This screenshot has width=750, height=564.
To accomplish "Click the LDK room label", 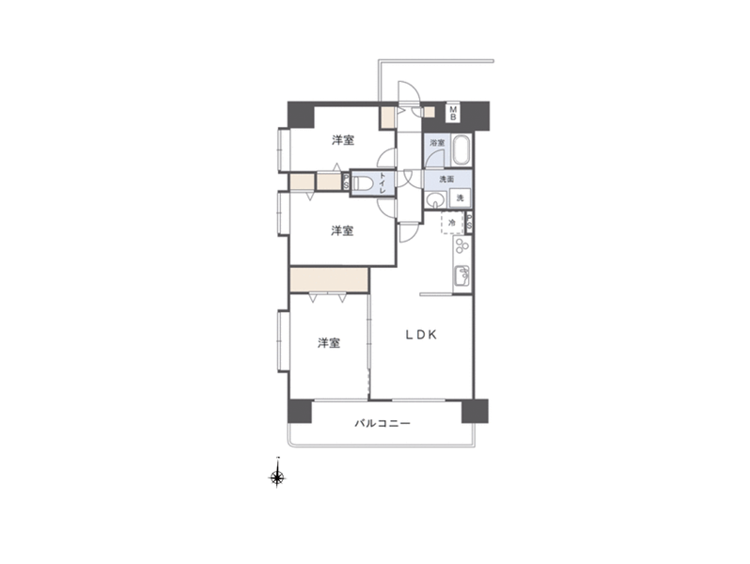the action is pyautogui.click(x=421, y=335).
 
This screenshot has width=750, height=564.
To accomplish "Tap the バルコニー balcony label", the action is pyautogui.click(x=383, y=423).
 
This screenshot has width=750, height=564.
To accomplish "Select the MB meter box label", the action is pyautogui.click(x=452, y=114).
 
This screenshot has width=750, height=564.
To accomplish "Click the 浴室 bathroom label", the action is pyautogui.click(x=437, y=143).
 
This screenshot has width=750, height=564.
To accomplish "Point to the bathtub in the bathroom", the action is pyautogui.click(x=461, y=149).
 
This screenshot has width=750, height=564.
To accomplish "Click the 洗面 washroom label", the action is pyautogui.click(x=446, y=179).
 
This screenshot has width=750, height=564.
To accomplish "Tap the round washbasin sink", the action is pyautogui.click(x=435, y=200).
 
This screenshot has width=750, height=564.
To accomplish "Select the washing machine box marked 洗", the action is pyautogui.click(x=460, y=197).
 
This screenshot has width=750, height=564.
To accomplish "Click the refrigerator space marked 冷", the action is pyautogui.click(x=452, y=223).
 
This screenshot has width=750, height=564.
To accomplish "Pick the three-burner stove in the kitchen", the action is pyautogui.click(x=462, y=246).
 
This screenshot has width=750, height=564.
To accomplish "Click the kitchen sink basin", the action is pyautogui.click(x=462, y=275).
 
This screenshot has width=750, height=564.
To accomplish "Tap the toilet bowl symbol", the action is pyautogui.click(x=363, y=183).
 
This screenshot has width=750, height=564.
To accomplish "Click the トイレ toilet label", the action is pyautogui.click(x=383, y=182).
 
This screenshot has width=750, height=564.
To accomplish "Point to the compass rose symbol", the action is pyautogui.click(x=277, y=477).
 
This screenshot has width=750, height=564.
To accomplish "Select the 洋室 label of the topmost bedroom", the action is pyautogui.click(x=343, y=140).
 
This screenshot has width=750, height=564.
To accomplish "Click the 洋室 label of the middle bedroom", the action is pyautogui.click(x=342, y=230).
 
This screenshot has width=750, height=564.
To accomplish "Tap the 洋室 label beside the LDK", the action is pyautogui.click(x=329, y=343).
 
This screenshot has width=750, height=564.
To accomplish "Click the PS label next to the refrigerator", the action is pyautogui.click(x=469, y=222).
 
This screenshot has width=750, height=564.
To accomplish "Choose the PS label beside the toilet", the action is pyautogui.click(x=345, y=181).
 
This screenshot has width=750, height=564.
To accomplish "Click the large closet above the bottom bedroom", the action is pyautogui.click(x=329, y=280).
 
